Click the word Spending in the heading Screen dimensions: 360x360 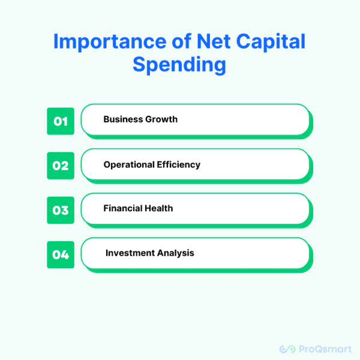180,65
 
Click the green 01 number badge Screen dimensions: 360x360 61,121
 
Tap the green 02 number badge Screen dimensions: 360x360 61,165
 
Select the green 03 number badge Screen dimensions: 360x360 61,210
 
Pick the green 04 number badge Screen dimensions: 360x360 61,254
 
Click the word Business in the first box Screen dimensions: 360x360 123,119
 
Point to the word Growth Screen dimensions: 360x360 161,119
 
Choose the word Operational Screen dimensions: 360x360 130,164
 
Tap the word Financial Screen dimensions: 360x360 123,209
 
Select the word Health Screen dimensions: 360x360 159,209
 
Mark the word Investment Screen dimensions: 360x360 130,253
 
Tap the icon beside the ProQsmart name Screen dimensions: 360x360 287,349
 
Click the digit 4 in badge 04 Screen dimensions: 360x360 65,254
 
